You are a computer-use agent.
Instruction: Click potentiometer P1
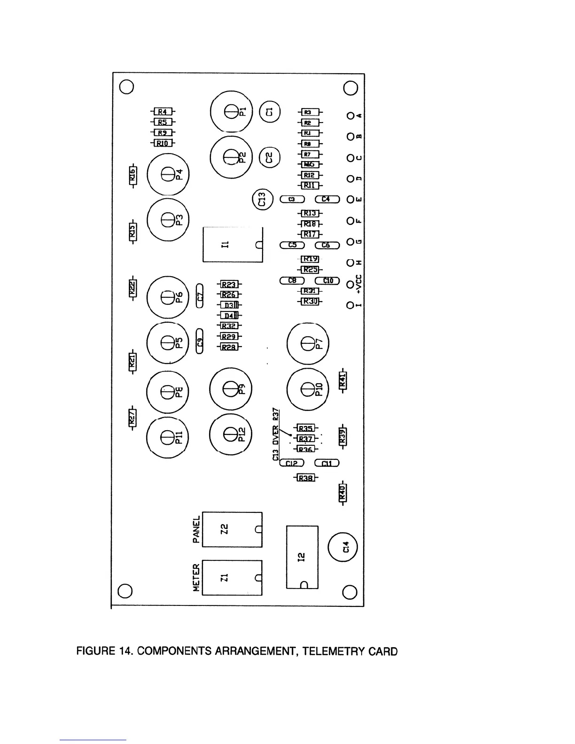point(231,112)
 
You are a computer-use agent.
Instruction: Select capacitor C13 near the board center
point(263,200)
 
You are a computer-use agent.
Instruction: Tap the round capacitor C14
point(343,547)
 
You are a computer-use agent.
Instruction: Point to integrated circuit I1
point(233,245)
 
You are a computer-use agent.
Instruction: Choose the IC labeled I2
point(302,557)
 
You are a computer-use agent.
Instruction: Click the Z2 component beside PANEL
point(232,529)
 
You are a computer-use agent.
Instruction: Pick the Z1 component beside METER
point(232,578)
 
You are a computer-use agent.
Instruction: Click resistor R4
point(163,112)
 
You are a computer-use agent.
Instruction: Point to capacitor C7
point(200,296)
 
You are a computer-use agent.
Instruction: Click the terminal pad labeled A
point(350,116)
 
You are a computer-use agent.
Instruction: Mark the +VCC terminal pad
point(350,285)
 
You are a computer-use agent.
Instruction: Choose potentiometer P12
point(231,435)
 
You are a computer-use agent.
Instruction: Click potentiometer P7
point(308,344)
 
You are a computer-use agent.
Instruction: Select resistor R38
point(306,478)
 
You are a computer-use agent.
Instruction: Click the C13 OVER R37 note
point(276,434)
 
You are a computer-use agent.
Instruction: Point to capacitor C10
point(327,280)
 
